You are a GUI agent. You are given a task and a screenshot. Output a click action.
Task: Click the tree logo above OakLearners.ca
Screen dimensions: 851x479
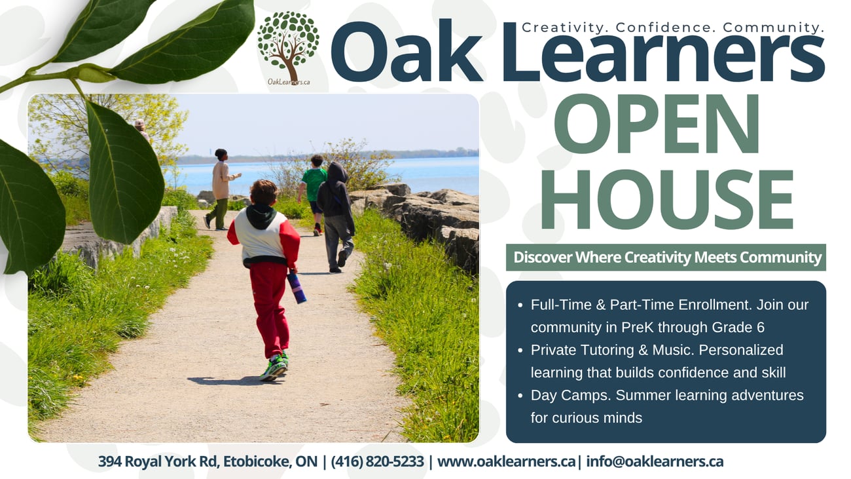click(288, 46)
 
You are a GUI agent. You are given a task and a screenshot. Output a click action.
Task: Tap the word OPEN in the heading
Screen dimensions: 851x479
click(657, 124)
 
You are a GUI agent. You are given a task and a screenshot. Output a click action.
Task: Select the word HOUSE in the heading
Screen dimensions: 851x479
click(668, 200)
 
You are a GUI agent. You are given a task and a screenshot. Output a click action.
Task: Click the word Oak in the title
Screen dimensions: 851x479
click(407, 52)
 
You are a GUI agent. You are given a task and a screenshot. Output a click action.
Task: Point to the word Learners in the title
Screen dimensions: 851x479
click(664, 52)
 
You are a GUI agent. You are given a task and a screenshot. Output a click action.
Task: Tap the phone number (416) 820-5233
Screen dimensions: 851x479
click(377, 461)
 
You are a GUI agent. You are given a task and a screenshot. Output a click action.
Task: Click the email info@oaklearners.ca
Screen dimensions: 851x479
click(655, 461)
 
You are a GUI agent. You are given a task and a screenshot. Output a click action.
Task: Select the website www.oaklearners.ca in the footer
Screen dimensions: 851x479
click(506, 461)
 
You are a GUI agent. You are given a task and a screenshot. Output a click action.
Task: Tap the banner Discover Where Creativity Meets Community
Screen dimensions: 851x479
click(666, 258)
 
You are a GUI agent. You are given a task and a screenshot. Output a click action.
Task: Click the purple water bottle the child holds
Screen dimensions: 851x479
click(297, 288)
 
